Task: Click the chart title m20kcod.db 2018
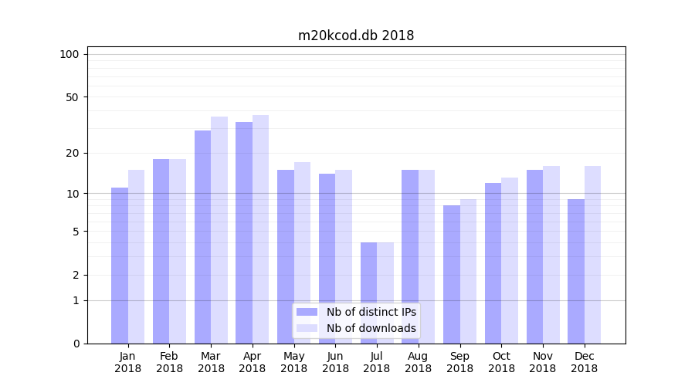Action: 356,36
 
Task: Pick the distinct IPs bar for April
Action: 244,232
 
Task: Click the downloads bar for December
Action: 592,255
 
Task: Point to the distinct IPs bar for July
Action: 368,293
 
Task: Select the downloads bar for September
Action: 468,271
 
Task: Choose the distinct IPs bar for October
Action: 493,262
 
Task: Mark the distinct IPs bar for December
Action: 576,271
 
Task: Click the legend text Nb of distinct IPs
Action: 371,312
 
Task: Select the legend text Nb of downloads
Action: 371,328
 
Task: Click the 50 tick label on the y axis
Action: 73,97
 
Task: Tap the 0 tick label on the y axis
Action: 76,344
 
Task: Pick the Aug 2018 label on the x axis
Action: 418,362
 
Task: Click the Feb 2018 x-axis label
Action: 169,362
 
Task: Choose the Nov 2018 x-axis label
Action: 543,362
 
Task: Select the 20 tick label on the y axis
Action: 73,153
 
